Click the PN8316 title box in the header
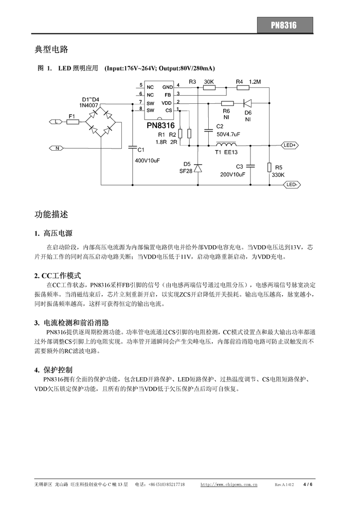click(285, 25)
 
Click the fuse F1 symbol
click(73, 122)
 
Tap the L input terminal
click(56, 122)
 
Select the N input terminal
click(56, 149)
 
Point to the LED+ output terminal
click(290, 145)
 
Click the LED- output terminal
click(292, 185)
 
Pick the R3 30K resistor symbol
click(208, 87)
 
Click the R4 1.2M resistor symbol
click(243, 87)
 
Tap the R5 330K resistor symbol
click(269, 168)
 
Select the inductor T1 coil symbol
click(226, 144)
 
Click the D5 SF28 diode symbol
click(198, 168)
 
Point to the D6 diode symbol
click(247, 103)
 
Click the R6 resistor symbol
click(227, 103)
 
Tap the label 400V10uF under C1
click(148, 160)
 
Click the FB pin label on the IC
click(168, 95)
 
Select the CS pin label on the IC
click(169, 111)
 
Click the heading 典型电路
click(51, 49)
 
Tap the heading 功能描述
click(51, 214)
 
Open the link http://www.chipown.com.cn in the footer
click(229, 484)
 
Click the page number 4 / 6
click(308, 484)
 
